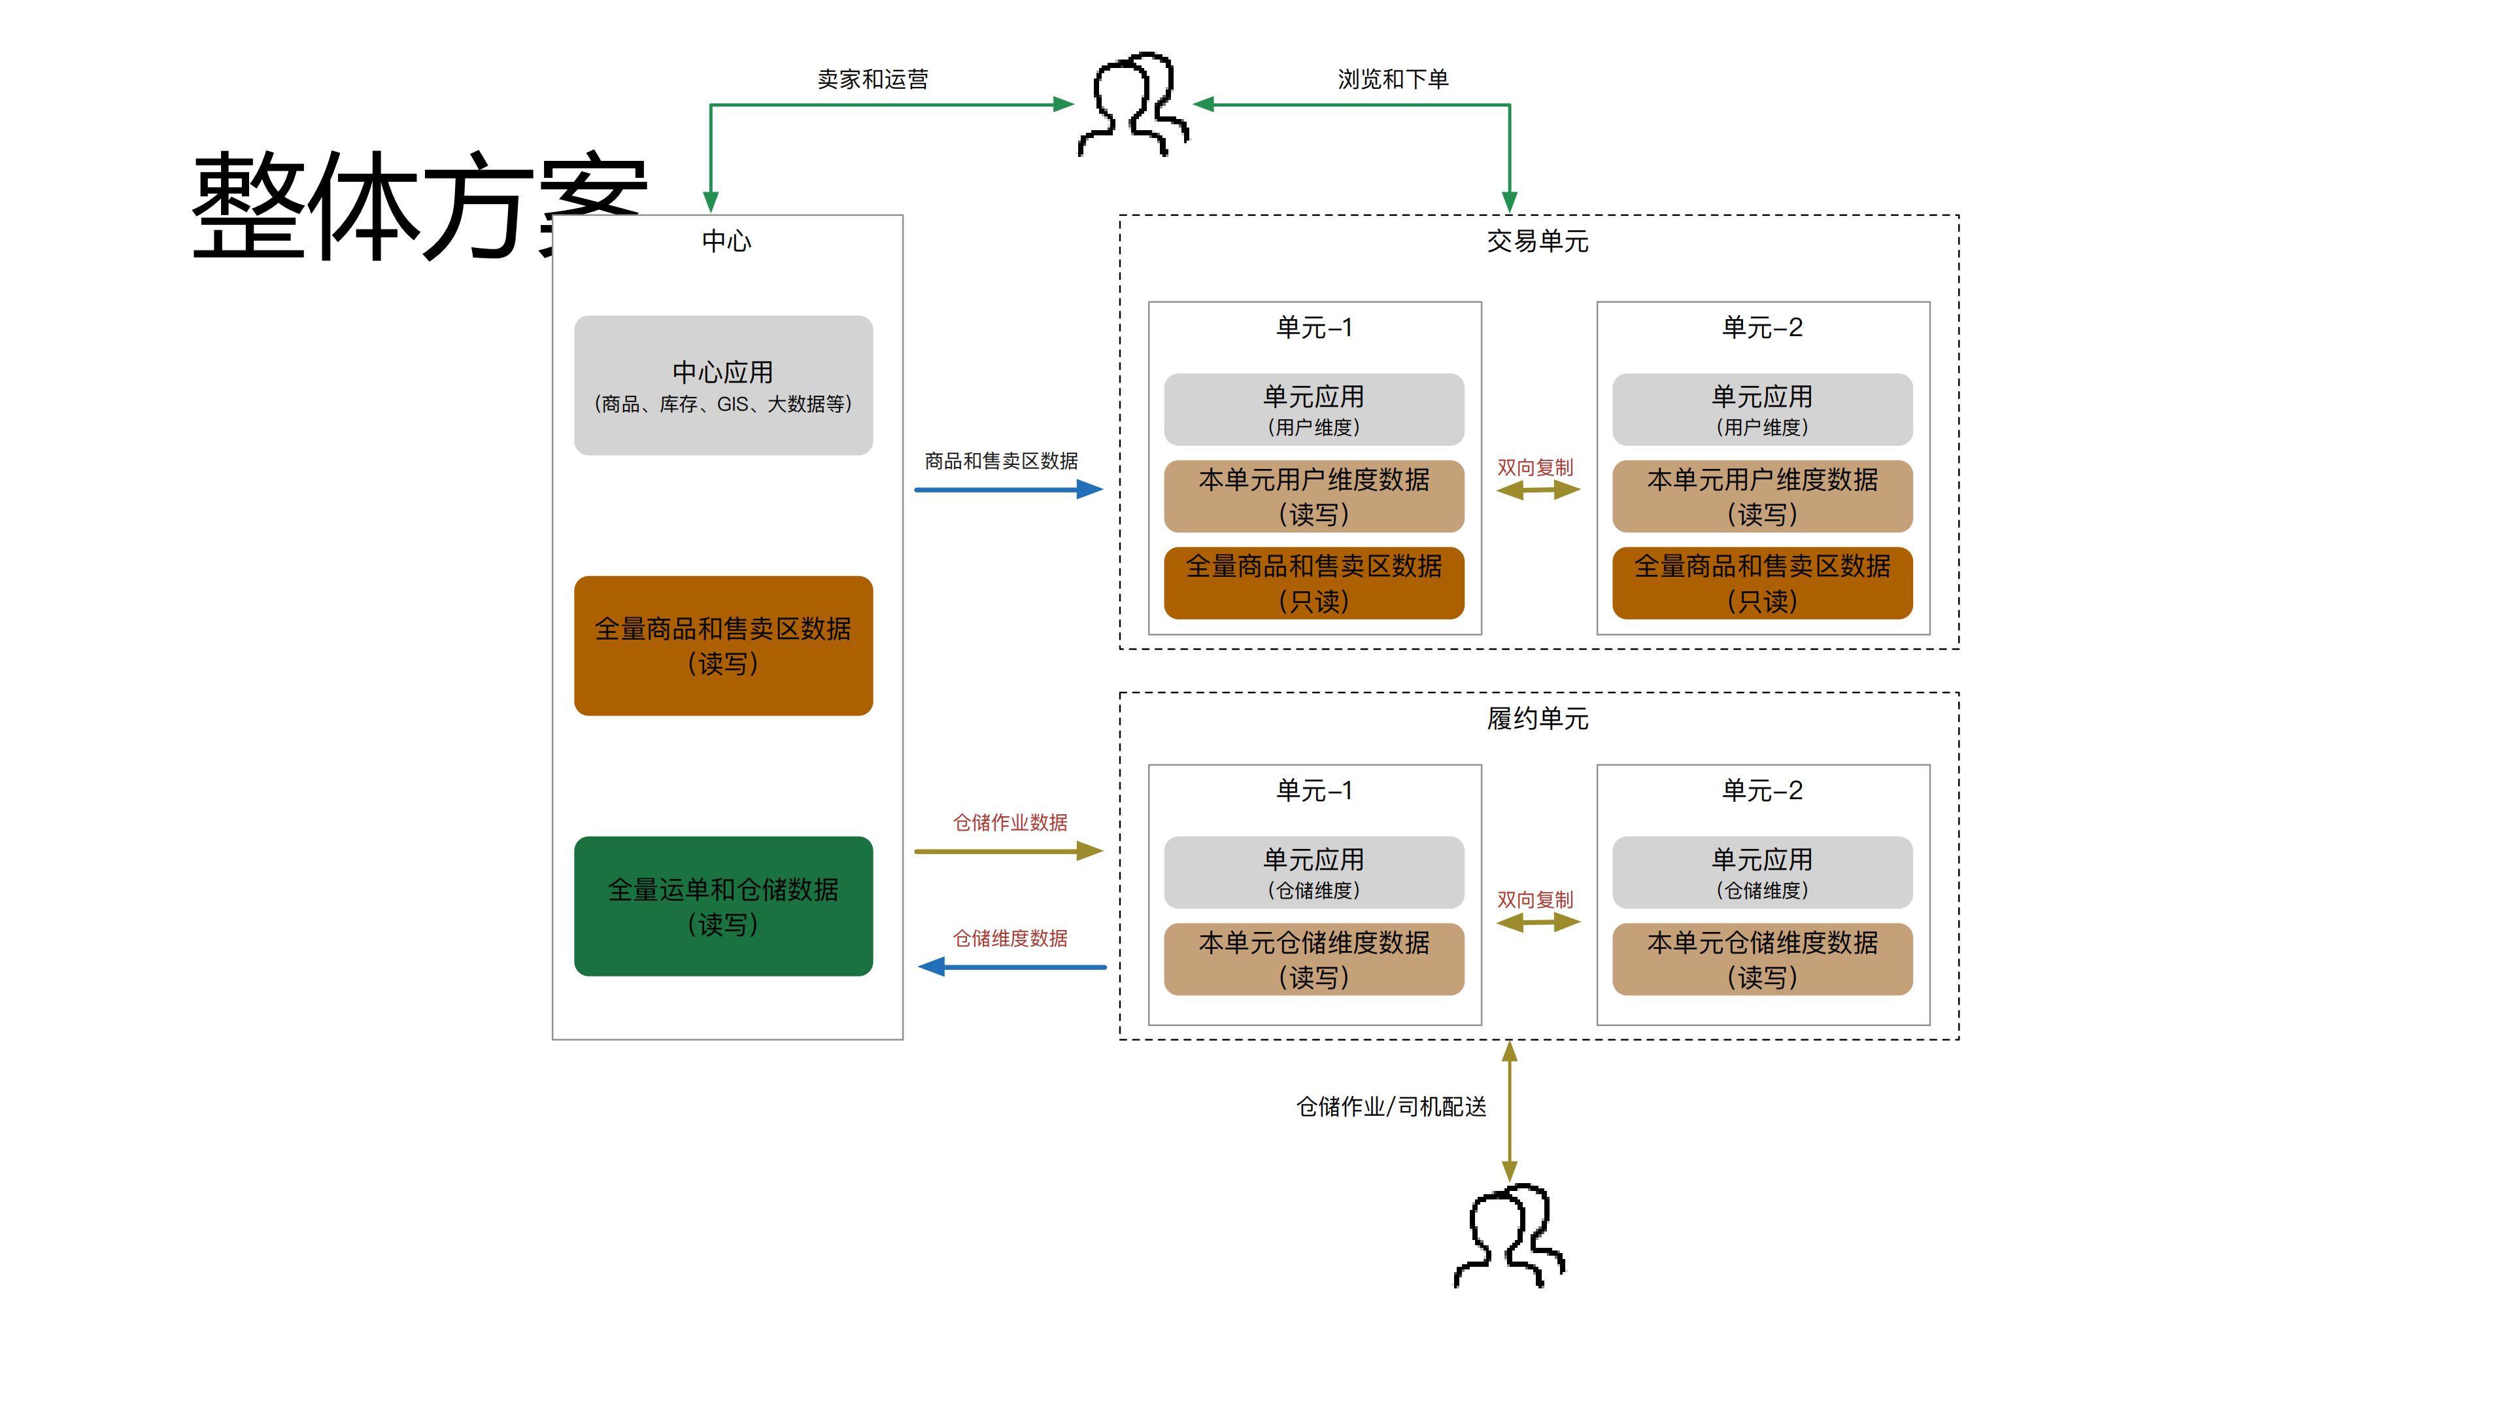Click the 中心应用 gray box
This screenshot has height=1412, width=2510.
723,385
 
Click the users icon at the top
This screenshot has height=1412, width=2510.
1133,104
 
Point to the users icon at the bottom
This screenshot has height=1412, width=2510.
1509,1235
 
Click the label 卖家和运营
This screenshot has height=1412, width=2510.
872,79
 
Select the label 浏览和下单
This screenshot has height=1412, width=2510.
1393,79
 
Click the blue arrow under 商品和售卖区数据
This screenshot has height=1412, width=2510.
1008,489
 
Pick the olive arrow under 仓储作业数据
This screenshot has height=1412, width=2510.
1008,851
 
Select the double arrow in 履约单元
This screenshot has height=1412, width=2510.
1538,922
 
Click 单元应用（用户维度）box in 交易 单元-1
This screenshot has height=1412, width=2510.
1314,409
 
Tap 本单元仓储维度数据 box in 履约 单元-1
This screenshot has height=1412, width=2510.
1314,959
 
